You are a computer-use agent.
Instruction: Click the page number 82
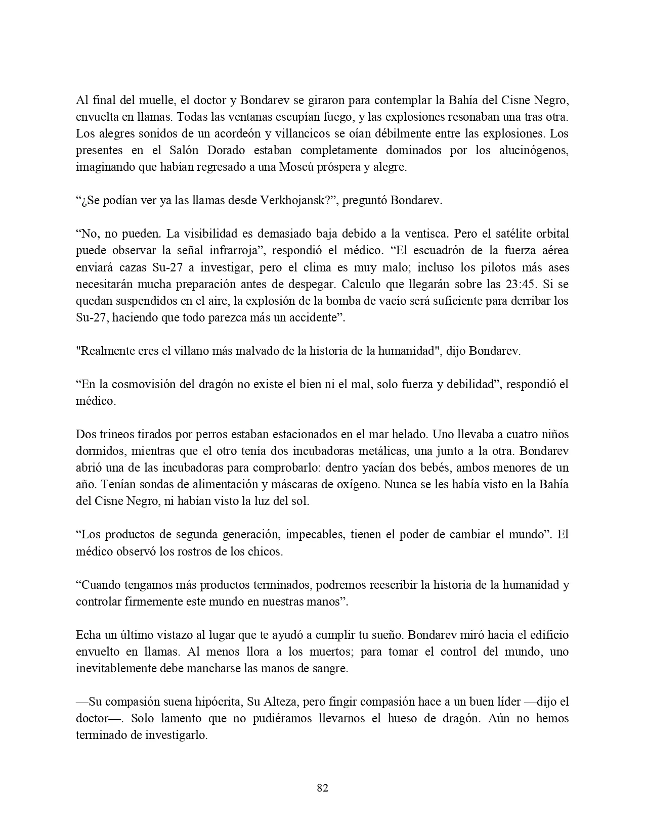pos(322,787)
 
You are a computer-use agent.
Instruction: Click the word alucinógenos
pos(533,151)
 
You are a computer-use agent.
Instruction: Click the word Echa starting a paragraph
pos(88,635)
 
